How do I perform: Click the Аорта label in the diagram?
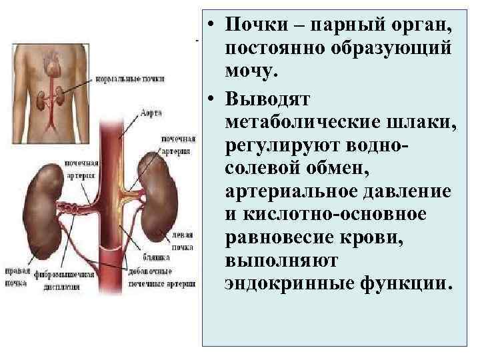click(151, 114)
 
